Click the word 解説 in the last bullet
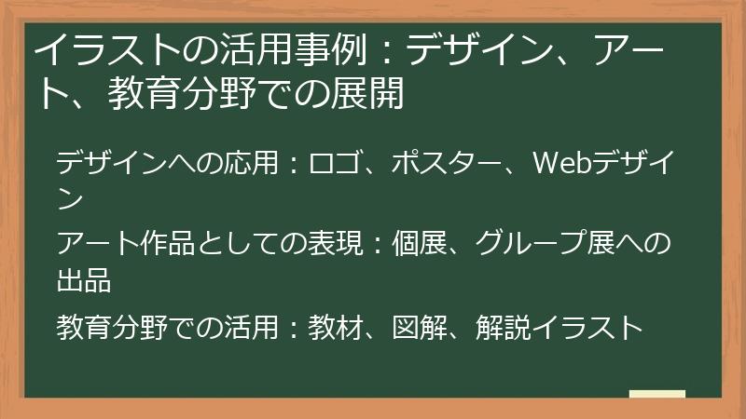(x=501, y=327)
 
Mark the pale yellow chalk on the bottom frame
(x=657, y=395)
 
